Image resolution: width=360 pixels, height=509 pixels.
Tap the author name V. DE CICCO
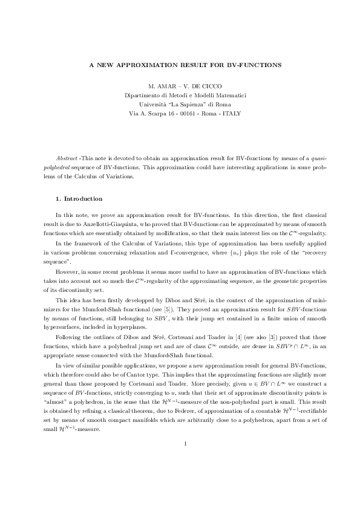[x=199, y=86]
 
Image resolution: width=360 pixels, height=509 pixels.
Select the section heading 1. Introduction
[x=79, y=199]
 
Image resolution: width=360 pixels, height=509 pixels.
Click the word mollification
[x=188, y=232]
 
